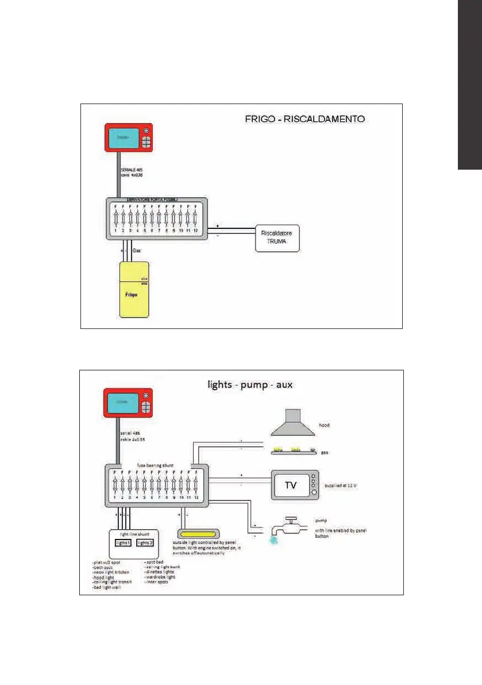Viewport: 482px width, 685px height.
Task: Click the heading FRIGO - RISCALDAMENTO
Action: pyautogui.click(x=302, y=120)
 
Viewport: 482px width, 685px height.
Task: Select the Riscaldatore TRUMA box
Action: pyautogui.click(x=277, y=239)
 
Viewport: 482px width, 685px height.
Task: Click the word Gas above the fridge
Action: pyautogui.click(x=137, y=251)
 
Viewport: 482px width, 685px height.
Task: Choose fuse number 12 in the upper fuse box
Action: pyautogui.click(x=196, y=219)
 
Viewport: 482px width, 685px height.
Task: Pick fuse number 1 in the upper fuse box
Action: pyautogui.click(x=116, y=219)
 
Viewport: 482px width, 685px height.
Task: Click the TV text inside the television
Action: pyautogui.click(x=291, y=485)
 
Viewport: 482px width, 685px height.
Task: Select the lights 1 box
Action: pyautogui.click(x=124, y=542)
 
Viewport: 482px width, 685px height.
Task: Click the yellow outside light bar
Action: pyautogui.click(x=199, y=534)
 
